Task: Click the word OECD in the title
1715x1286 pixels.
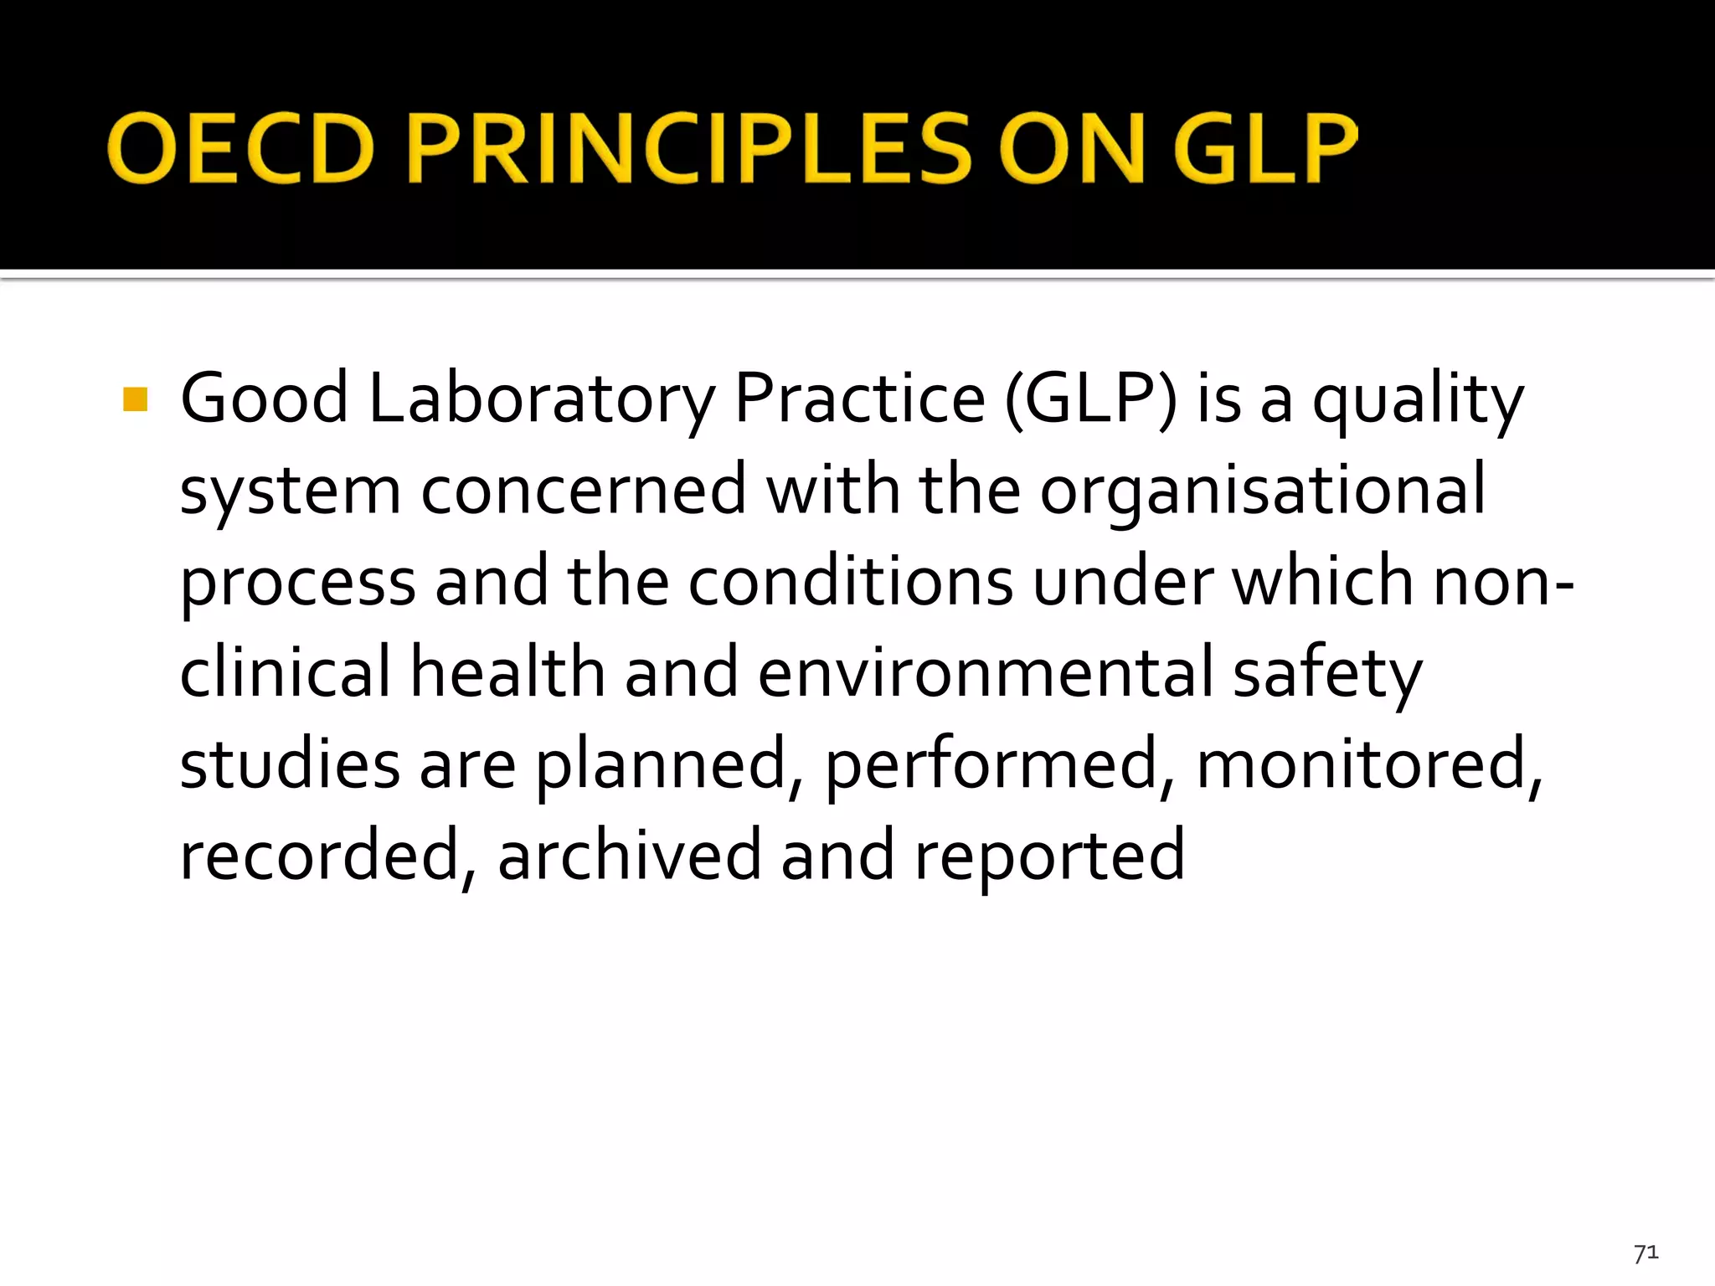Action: [x=240, y=148]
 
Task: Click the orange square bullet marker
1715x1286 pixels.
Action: [x=135, y=399]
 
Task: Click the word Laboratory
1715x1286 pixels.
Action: [x=542, y=399]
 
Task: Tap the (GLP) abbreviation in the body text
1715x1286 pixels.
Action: [x=1090, y=399]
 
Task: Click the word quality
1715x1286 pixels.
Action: [x=1418, y=401]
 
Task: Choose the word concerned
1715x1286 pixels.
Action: [x=584, y=490]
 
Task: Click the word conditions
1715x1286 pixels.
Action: [x=851, y=581]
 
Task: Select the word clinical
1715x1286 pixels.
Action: [x=286, y=672]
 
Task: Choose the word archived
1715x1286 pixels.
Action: [x=629, y=855]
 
